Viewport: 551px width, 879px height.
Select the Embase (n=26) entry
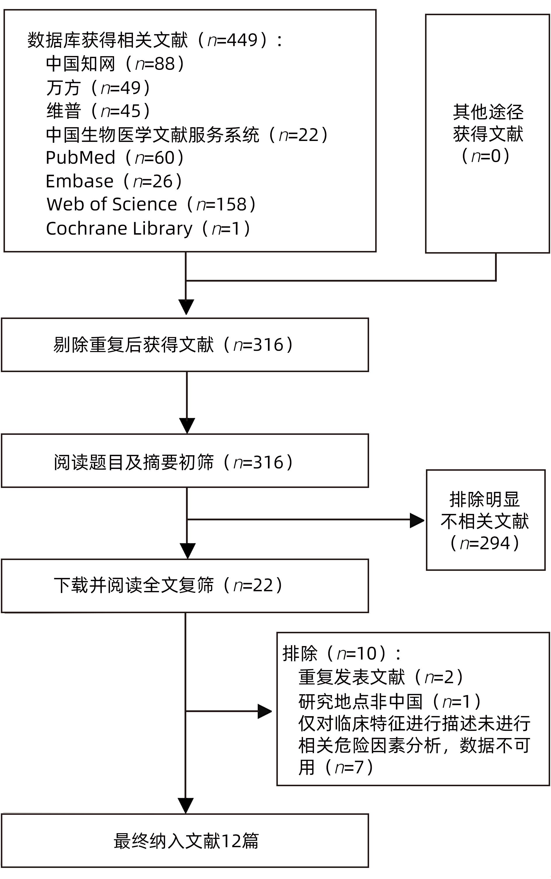pyautogui.click(x=113, y=181)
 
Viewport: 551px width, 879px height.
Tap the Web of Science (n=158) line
pyautogui.click(x=151, y=204)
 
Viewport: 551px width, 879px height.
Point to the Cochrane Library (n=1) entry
pyautogui.click(x=148, y=229)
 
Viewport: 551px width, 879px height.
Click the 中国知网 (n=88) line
pyautogui.click(x=115, y=64)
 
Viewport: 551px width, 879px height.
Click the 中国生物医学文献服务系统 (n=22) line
pyautogui.click(x=187, y=135)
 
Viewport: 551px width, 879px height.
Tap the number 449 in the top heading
pyautogui.click(x=242, y=40)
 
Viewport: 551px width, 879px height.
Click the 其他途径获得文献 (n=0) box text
pyautogui.click(x=487, y=133)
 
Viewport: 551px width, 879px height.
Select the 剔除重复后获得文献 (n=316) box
pyautogui.click(x=185, y=345)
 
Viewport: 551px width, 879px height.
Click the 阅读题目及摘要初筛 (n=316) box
pyautogui.click(x=185, y=462)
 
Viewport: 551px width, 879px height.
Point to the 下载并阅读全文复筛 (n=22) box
pyautogui.click(x=185, y=585)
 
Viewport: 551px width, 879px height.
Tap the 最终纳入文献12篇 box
pyautogui.click(x=185, y=841)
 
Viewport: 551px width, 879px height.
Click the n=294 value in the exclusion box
pyautogui.click(x=485, y=543)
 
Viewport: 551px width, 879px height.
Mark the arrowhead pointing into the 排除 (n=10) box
pyautogui.click(x=265, y=711)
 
